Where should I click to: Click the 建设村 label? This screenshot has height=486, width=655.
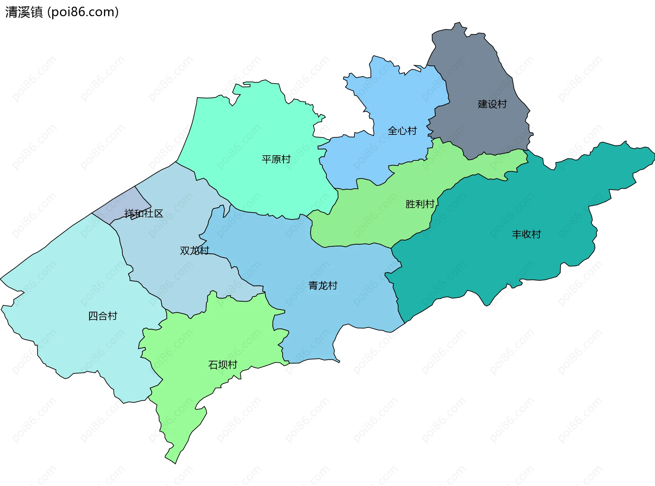(x=492, y=104)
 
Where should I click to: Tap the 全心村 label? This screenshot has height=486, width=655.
(x=402, y=131)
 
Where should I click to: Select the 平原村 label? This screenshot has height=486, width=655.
(x=276, y=159)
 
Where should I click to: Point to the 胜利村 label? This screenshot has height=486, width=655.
(x=420, y=204)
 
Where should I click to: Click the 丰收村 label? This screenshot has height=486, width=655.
(x=526, y=234)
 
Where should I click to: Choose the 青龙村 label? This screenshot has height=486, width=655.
(x=323, y=286)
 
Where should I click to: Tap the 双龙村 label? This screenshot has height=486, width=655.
(x=194, y=251)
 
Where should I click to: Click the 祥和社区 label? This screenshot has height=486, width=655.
(x=144, y=214)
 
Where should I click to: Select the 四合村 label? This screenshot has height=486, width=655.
(x=103, y=316)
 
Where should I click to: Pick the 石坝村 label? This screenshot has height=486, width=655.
(x=222, y=365)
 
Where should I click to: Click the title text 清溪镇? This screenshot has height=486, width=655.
(x=24, y=12)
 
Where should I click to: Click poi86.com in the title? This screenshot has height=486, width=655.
(x=83, y=12)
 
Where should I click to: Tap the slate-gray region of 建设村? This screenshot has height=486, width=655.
(x=484, y=75)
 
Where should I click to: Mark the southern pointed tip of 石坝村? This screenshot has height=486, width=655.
(x=175, y=463)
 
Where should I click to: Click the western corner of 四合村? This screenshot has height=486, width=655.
(x=1, y=279)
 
